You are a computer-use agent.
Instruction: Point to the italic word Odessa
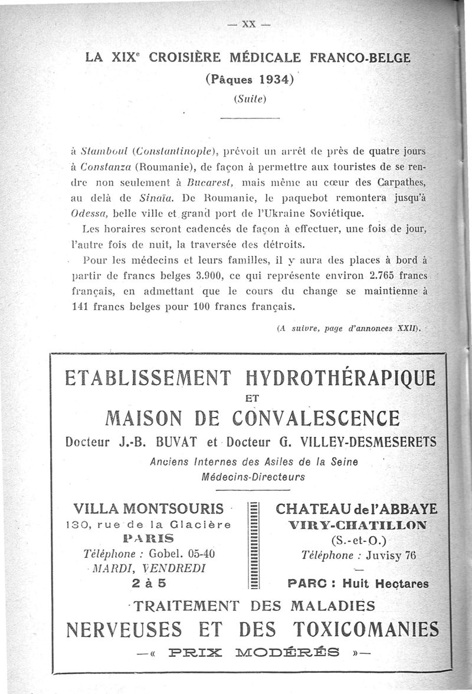[x=86, y=212]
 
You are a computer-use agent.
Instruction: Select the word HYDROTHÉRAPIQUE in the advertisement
[x=340, y=378]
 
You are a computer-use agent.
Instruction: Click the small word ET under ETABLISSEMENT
[x=251, y=398]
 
